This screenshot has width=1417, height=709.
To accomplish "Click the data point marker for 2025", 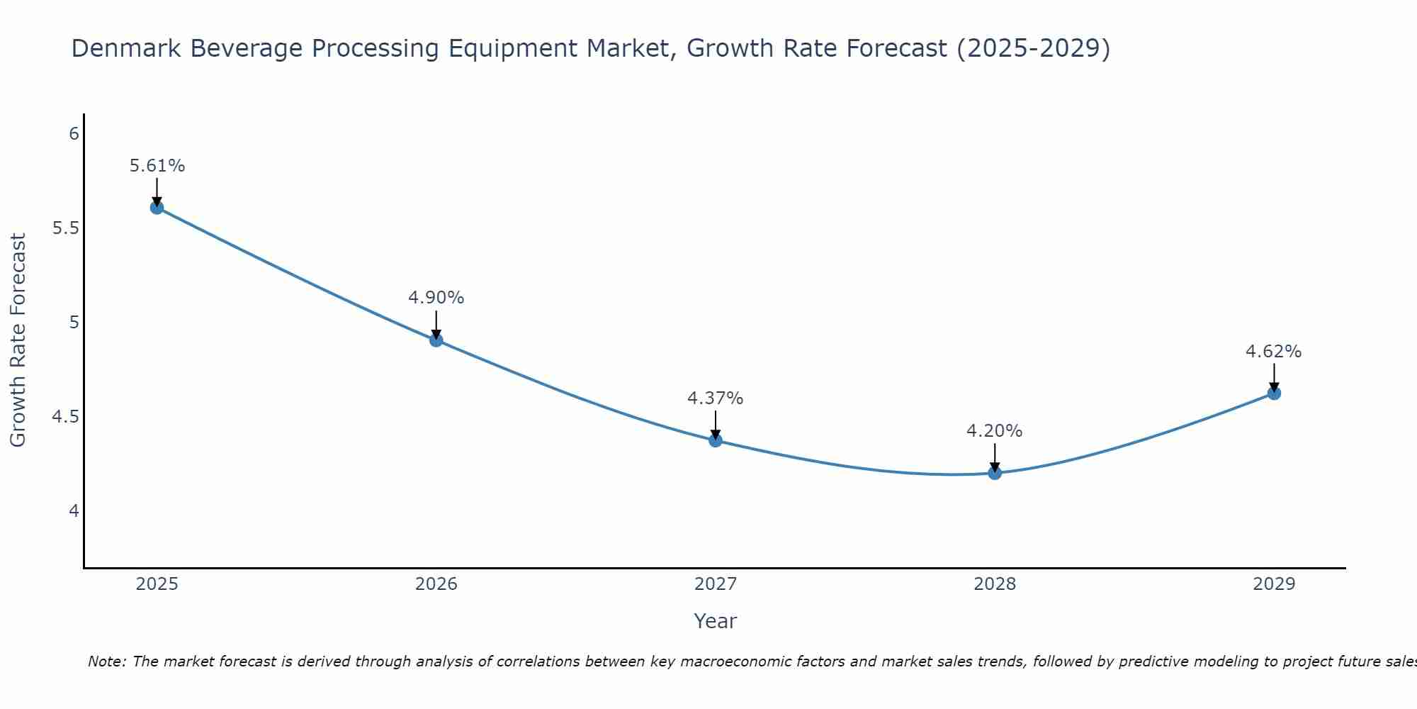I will pos(157,207).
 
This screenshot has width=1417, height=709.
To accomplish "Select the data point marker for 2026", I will pos(436,340).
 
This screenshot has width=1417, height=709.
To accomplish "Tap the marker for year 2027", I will pos(716,440).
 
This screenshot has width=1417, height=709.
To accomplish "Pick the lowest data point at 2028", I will pos(995,473).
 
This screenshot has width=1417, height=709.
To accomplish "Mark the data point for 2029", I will pos(1274,393).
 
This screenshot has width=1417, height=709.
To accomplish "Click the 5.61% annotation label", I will pos(157,166).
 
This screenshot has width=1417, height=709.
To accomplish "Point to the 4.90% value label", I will pos(436,298).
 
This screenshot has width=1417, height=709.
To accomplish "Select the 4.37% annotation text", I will pos(716,398).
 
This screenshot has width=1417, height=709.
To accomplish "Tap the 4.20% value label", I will pos(995,431).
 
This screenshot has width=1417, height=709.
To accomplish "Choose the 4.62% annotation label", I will pos(1274,352).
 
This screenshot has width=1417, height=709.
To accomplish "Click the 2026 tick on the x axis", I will pos(436,584).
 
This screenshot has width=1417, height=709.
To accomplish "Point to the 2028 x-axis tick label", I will pos(995,584).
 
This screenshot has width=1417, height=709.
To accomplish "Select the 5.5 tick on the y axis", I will pos(65,228).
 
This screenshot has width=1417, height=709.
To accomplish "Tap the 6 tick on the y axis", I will pos(74,134).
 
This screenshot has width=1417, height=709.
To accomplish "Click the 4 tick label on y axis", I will pos(74,510).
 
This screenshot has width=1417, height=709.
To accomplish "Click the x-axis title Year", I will pos(716,621).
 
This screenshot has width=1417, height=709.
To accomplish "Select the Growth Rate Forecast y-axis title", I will pos(18,340).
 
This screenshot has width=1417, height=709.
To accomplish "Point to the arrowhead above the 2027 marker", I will pos(716,434).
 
